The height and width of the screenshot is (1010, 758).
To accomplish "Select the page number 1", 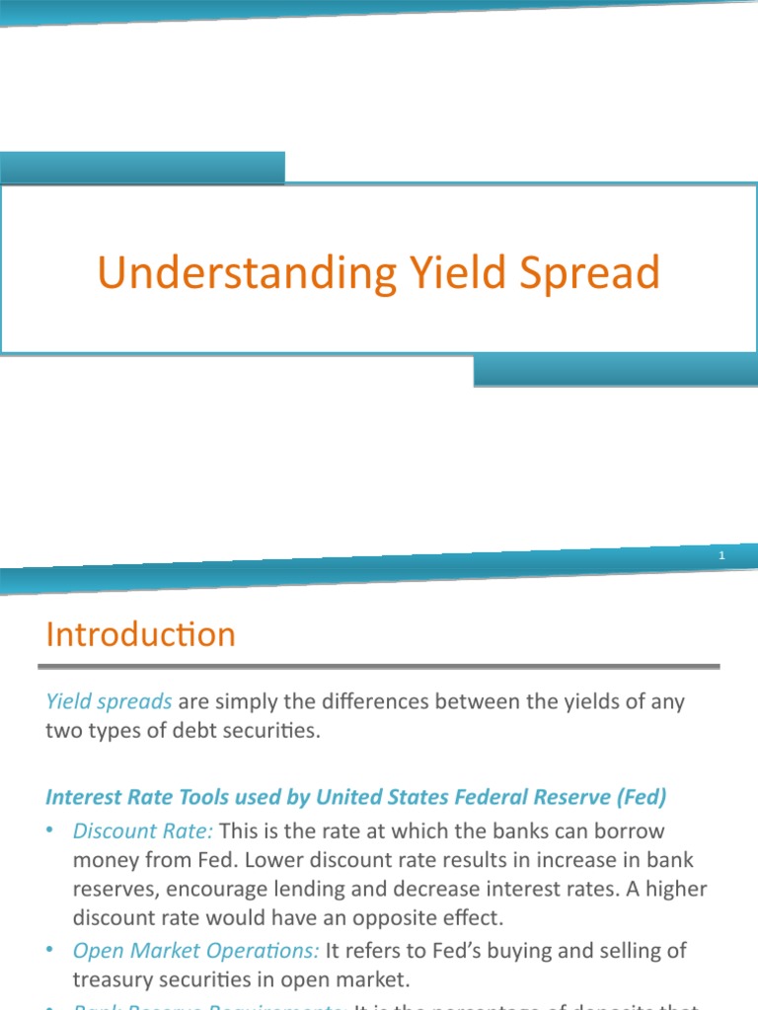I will tap(721, 557).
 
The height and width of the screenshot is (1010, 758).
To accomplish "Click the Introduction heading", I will tap(140, 634).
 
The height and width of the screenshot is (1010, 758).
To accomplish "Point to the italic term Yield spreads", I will tap(109, 702).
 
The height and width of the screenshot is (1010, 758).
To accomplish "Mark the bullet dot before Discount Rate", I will tap(50, 831).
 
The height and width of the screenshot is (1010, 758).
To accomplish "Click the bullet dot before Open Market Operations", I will tap(50, 951).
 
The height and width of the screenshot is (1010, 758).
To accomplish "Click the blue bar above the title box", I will tap(142, 168).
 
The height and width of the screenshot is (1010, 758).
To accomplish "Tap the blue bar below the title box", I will tap(615, 371).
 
